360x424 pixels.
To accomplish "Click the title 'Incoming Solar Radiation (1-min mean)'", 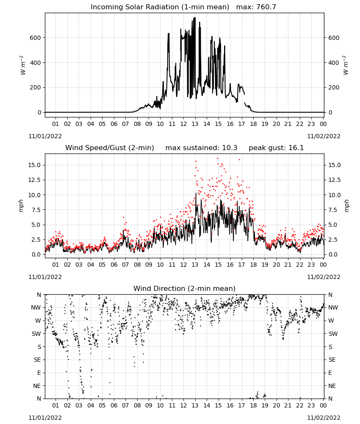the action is pos(160,7).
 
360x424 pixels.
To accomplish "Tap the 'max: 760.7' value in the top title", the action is pos(256,7).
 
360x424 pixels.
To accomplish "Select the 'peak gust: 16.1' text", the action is pos(276,148).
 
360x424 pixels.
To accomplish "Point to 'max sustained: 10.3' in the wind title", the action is pos(201,148).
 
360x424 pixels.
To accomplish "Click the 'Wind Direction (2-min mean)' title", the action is pos(185,288).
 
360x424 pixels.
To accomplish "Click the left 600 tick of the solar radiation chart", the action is pos(36,38).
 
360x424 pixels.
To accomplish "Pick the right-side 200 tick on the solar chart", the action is pos(334,88).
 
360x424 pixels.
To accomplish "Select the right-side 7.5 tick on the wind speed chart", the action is pos(333,210).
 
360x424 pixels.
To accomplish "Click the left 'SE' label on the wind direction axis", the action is pos(37,360).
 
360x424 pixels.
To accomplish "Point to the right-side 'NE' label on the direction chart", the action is pos(332,386).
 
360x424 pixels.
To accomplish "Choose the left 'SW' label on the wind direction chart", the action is pos(36,334).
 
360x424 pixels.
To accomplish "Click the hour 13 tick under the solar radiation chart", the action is pos(195,124).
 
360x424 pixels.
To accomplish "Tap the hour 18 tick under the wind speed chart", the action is pos(253,265).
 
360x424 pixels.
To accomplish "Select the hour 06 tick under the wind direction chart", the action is pos(114,406).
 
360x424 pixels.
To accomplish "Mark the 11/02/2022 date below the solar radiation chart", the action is pos(324,136).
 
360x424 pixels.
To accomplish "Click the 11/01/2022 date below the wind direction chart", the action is pos(45,418).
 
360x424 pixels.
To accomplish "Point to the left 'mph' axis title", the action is pos(21,206).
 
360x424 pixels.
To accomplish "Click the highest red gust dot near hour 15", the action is pos(217,159).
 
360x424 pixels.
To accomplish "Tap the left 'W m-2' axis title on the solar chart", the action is pos(22,65).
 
